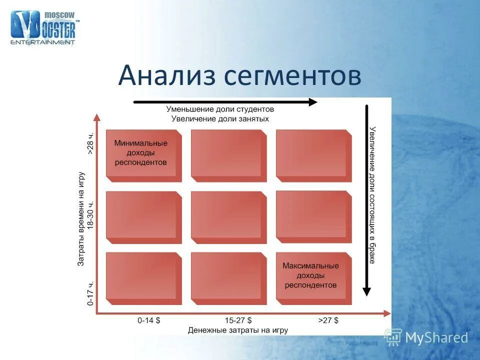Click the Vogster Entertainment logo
tap(43, 27)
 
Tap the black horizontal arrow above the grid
tap(225, 102)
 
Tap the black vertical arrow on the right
tap(366, 200)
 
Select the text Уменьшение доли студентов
tap(220, 109)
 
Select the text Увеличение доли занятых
tap(220, 119)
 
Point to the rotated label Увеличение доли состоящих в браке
tap(372, 195)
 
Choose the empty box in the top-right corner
tap(312, 153)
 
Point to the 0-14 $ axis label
tap(149, 320)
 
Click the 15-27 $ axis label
tap(238, 320)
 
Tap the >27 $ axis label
tap(328, 320)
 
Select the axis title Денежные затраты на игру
tap(238, 330)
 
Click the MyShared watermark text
tap(436, 338)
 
